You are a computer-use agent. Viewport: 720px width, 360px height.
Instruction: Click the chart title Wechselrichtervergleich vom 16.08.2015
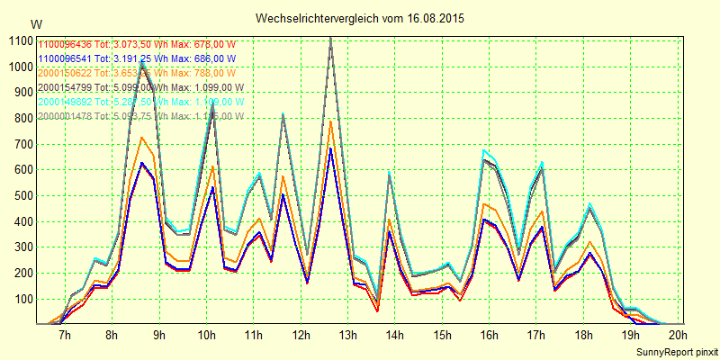pyautogui.click(x=360, y=18)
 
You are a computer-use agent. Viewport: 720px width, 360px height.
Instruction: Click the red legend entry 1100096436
pyautogui.click(x=132, y=44)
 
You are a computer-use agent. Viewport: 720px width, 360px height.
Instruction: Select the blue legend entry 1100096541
pyautogui.click(x=132, y=58)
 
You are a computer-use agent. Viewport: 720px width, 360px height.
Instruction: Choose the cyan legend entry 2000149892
pyautogui.click(x=140, y=102)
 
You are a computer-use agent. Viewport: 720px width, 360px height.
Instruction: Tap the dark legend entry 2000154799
pyautogui.click(x=140, y=87)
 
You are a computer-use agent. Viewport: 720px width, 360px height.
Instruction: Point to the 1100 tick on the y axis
pyautogui.click(x=19, y=40)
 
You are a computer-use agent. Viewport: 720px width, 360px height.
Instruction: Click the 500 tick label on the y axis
pyautogui.click(x=19, y=195)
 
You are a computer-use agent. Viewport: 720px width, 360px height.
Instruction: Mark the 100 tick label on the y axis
pyautogui.click(x=19, y=299)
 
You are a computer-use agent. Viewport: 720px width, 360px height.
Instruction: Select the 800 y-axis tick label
pyautogui.click(x=19, y=118)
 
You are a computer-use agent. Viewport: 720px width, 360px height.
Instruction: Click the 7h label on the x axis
pyautogui.click(x=65, y=335)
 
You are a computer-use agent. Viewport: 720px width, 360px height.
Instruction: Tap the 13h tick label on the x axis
pyautogui.click(x=347, y=335)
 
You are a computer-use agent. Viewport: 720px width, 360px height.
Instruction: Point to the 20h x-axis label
pyautogui.click(x=678, y=335)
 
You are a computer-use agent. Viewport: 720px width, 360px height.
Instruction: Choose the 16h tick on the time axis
pyautogui.click(x=490, y=335)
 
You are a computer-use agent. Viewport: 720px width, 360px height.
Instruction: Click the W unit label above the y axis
pyautogui.click(x=35, y=23)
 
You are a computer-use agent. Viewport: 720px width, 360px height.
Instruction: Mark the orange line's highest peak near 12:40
pyautogui.click(x=330, y=121)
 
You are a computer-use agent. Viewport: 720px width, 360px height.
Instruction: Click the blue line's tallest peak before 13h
pyautogui.click(x=330, y=148)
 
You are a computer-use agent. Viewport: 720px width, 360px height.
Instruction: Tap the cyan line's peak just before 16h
pyautogui.click(x=484, y=150)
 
